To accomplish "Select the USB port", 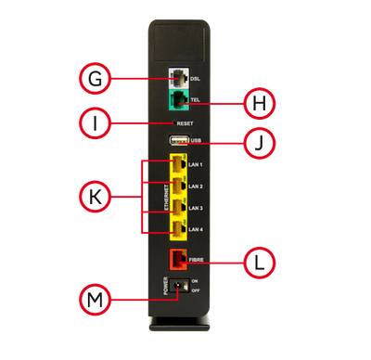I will (x=179, y=140).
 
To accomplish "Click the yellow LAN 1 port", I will (x=178, y=165).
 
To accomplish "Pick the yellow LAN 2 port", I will (x=178, y=186).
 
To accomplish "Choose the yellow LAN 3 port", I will (x=178, y=207).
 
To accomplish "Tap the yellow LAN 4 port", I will (x=178, y=228).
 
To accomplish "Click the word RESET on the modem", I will (x=185, y=122).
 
